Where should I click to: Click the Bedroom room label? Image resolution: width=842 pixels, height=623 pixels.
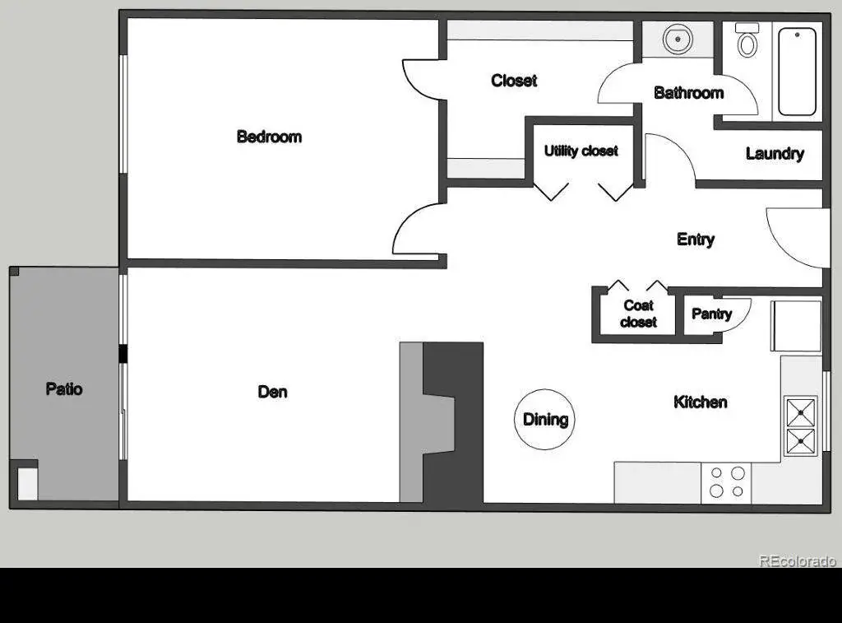click(269, 137)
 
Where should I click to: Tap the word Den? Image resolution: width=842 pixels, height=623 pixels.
click(272, 392)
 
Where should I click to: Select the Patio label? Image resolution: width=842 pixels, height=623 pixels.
click(64, 388)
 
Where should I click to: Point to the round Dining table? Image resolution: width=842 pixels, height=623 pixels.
click(544, 419)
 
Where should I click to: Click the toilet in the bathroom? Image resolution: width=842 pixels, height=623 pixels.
click(747, 40)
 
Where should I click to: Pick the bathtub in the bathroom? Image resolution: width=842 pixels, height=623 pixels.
click(797, 72)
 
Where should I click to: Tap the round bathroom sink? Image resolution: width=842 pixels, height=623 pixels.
click(678, 40)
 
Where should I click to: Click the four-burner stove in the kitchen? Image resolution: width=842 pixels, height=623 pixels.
click(726, 483)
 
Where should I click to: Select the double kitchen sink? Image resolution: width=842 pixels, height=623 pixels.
click(801, 425)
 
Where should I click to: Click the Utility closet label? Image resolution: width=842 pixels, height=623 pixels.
click(581, 151)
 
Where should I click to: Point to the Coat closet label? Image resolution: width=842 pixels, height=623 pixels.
click(638, 314)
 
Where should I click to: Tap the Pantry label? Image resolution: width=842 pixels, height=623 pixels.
click(711, 314)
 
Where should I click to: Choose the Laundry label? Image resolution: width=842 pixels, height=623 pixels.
click(775, 154)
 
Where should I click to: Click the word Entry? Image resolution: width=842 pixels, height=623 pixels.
click(696, 239)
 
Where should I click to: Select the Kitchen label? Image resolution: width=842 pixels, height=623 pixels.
click(701, 402)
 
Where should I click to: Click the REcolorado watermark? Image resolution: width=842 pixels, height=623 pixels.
click(798, 560)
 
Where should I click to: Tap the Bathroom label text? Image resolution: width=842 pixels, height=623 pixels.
click(688, 93)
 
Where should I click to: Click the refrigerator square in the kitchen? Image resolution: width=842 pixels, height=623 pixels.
click(796, 326)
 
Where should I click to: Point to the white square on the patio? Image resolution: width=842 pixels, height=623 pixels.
click(27, 484)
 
